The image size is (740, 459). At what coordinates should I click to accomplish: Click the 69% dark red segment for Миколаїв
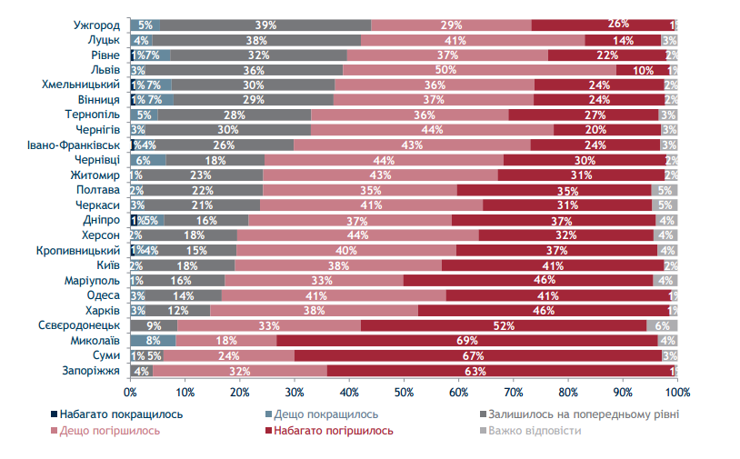pyautogui.click(x=467, y=341)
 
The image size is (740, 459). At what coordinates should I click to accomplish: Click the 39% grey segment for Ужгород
pyautogui.click(x=265, y=25)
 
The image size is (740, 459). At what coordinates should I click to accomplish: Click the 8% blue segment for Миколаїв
pyautogui.click(x=153, y=341)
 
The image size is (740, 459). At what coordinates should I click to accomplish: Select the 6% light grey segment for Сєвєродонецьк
pyautogui.click(x=662, y=325)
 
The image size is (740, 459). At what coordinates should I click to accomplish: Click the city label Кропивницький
pyautogui.click(x=78, y=250)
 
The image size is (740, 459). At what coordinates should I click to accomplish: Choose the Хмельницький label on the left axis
pyautogui.click(x=81, y=85)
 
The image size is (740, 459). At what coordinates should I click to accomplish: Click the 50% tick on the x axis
pyautogui.click(x=404, y=392)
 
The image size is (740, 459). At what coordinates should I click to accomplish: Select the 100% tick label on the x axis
pyautogui.click(x=677, y=392)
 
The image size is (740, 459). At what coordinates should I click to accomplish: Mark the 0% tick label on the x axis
pyautogui.click(x=130, y=392)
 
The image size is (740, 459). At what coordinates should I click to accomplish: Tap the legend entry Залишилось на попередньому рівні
pyautogui.click(x=583, y=414)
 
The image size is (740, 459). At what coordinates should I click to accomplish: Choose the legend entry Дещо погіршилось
pyautogui.click(x=110, y=430)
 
